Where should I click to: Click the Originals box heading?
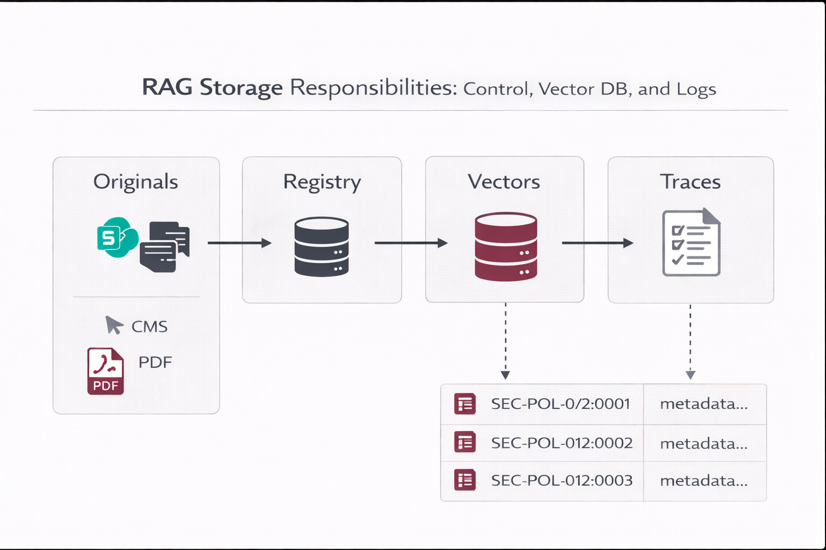[x=136, y=182]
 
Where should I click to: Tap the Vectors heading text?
[x=504, y=182]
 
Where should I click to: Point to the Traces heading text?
[x=690, y=182]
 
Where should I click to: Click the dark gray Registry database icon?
[x=322, y=247]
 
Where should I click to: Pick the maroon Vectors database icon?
[x=505, y=247]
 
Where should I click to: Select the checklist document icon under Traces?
[x=691, y=243]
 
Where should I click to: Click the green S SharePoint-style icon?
[x=116, y=237]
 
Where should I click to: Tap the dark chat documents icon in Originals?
[x=165, y=247]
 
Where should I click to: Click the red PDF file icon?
[x=106, y=371]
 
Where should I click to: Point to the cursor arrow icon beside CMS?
[x=113, y=325]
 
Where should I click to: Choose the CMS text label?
[x=149, y=327]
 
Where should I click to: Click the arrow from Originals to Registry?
[x=239, y=243]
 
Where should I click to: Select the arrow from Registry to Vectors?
[x=411, y=243]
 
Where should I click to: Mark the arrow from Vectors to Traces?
[x=597, y=243]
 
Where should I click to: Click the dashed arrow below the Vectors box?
[x=505, y=342]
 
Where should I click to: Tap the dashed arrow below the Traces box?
[x=690, y=342]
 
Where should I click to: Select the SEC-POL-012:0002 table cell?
[x=561, y=443]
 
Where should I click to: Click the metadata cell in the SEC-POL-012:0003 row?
[x=704, y=481]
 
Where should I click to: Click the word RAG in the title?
[x=167, y=88]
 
